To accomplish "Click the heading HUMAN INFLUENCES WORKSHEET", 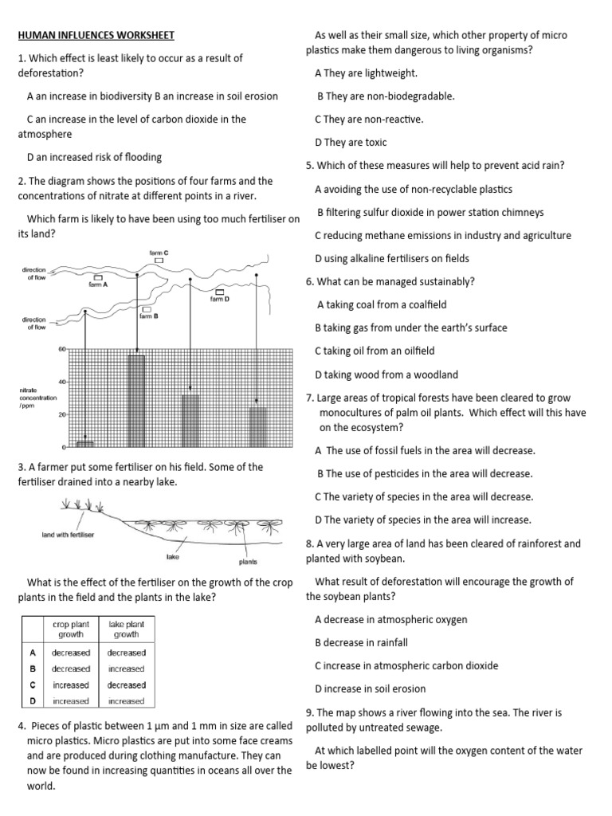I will coord(96,36).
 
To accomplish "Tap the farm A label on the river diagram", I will coord(99,284).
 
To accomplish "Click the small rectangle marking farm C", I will coord(159,261).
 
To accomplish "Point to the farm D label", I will coord(220,299).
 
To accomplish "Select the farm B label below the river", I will coord(148,316).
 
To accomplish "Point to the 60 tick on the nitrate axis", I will coord(61,349).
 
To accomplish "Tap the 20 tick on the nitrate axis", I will coord(61,414).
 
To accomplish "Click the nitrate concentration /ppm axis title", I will coord(37,398).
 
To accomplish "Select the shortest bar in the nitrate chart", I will coord(84,443).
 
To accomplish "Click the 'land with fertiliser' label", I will coord(68,535).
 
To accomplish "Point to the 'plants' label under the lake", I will coord(248,562).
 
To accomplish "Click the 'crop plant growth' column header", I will coord(71,630).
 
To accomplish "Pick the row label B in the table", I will coord(33,669).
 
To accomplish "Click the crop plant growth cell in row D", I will coord(71,701).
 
